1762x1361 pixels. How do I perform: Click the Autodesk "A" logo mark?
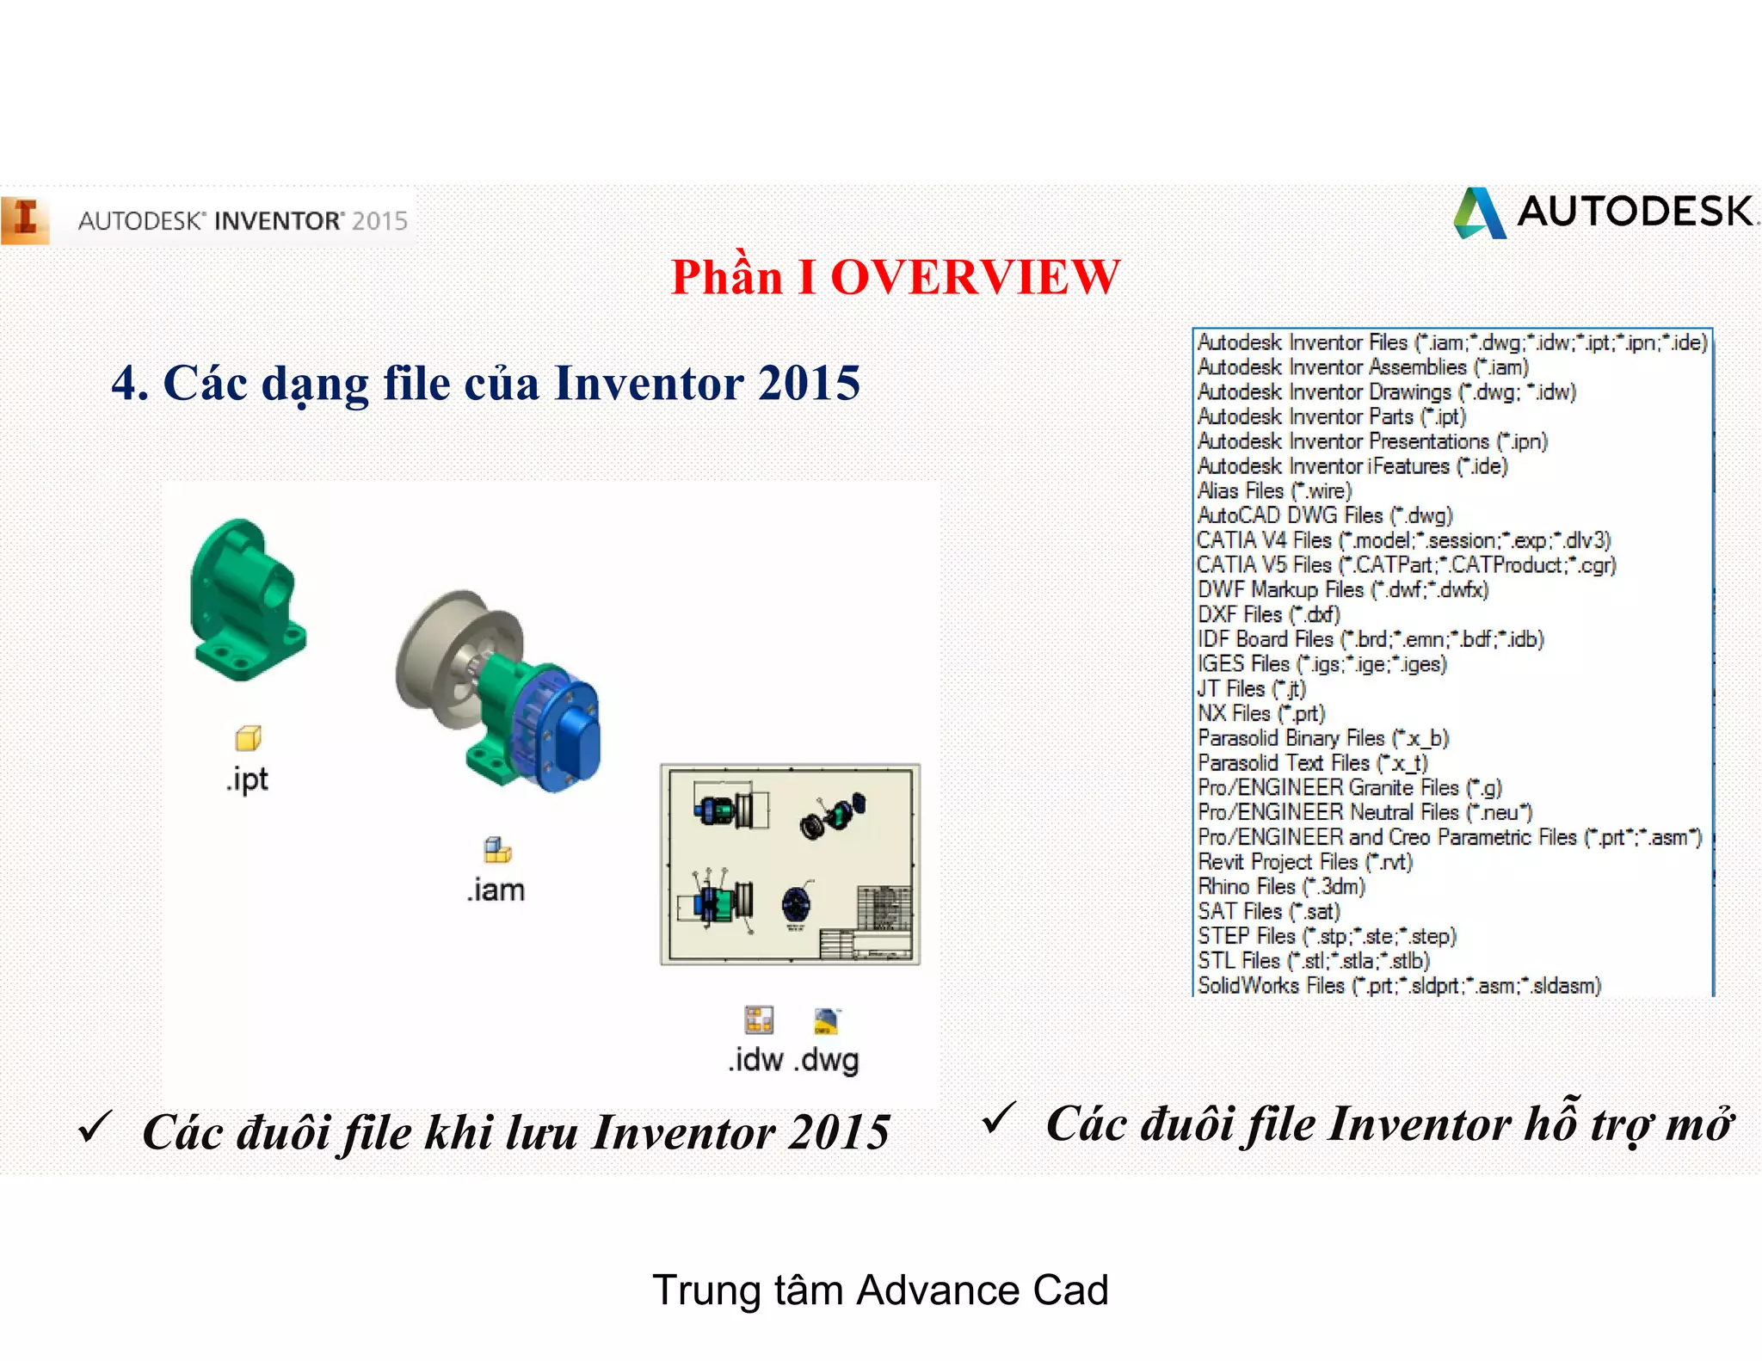[1479, 213]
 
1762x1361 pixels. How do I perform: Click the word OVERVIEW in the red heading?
[975, 278]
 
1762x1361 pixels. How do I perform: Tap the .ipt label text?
[248, 779]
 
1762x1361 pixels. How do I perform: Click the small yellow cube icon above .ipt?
[248, 738]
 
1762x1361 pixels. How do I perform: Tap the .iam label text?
[496, 890]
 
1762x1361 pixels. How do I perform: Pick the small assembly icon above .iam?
[497, 851]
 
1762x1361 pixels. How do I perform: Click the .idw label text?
[756, 1060]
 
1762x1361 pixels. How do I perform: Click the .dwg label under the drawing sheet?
[827, 1060]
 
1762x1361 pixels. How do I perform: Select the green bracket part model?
[245, 602]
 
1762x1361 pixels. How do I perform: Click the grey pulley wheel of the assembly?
[439, 654]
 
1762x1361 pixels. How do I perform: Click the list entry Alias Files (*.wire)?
[1274, 491]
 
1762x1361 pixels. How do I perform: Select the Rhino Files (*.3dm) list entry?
[1280, 887]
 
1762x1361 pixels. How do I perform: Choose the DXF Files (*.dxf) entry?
[1268, 615]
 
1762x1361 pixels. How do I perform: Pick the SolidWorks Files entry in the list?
[1398, 986]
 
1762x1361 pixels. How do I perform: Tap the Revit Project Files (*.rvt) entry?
[1304, 862]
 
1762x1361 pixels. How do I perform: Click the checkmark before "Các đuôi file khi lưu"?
[95, 1127]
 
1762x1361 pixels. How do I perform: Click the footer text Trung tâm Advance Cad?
[880, 1290]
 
